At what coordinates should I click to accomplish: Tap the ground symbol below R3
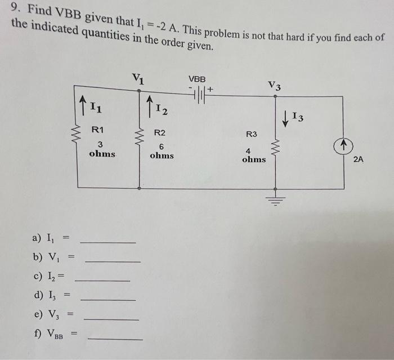tap(275, 199)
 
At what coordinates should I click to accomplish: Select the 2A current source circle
tap(343, 146)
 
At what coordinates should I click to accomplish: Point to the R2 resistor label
tap(160, 133)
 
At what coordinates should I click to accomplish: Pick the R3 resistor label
tap(251, 134)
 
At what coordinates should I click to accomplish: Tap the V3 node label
tap(275, 86)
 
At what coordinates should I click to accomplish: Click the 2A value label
tap(359, 159)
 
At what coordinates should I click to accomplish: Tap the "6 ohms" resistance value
tap(162, 150)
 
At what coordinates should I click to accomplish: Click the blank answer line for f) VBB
tap(115, 339)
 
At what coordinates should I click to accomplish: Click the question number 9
tap(14, 8)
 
